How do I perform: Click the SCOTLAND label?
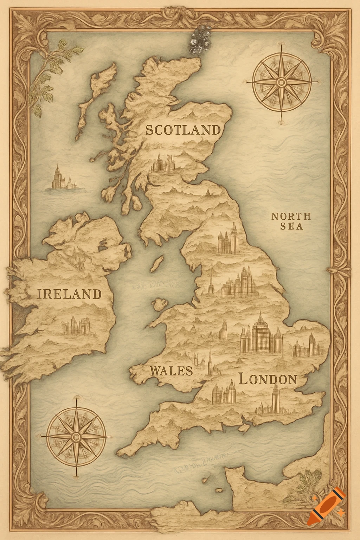tap(183, 130)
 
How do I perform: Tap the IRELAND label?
tap(69, 294)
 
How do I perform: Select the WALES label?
tap(171, 371)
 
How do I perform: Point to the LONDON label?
tap(268, 379)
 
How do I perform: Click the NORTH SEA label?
tap(287, 221)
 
